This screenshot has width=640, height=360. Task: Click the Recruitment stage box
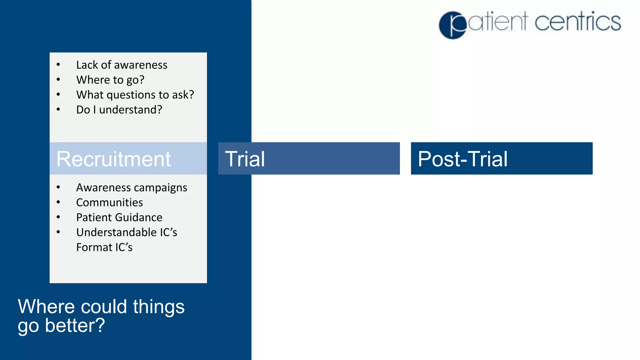pyautogui.click(x=128, y=158)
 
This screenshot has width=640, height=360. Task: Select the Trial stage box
pyautogui.click(x=309, y=158)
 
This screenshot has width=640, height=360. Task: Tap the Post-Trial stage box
pyautogui.click(x=502, y=158)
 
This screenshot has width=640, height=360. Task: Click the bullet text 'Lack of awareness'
pyautogui.click(x=122, y=65)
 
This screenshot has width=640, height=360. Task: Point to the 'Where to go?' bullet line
pyautogui.click(x=110, y=80)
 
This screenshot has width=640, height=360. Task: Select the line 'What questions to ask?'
pyautogui.click(x=135, y=95)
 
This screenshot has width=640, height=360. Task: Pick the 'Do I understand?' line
pyautogui.click(x=119, y=110)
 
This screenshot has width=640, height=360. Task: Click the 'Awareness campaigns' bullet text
pyautogui.click(x=132, y=187)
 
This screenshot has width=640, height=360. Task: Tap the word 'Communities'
pyautogui.click(x=109, y=202)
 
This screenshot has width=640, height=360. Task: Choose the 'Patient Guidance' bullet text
pyautogui.click(x=119, y=217)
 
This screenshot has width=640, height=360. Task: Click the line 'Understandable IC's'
pyautogui.click(x=127, y=232)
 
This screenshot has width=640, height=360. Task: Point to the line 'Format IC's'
pyautogui.click(x=104, y=247)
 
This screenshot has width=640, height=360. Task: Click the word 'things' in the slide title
pyautogui.click(x=159, y=307)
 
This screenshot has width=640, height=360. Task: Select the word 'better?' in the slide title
pyautogui.click(x=75, y=326)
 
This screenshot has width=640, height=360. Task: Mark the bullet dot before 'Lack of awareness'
pyautogui.click(x=58, y=65)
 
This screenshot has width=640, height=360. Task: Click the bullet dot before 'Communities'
pyautogui.click(x=58, y=202)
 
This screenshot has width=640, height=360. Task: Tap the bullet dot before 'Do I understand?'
pyautogui.click(x=58, y=109)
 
